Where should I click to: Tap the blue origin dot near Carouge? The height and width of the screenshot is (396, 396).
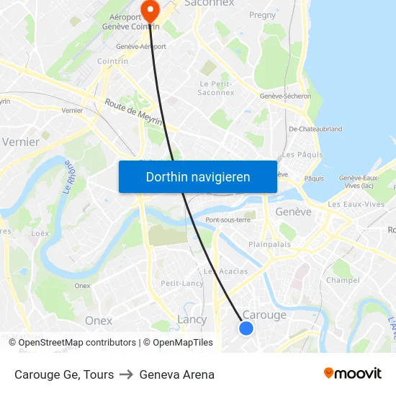click(x=246, y=328)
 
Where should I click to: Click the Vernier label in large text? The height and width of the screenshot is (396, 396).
click(x=21, y=142)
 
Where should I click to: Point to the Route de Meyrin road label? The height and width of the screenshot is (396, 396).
click(x=133, y=113)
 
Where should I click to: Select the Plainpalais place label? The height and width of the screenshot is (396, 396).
click(x=269, y=244)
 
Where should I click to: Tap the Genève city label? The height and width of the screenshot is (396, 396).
click(x=293, y=212)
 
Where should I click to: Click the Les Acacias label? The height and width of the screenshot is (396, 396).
click(x=225, y=271)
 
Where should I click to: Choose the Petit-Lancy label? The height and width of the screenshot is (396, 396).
click(x=182, y=284)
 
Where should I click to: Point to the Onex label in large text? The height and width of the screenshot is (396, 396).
click(x=99, y=320)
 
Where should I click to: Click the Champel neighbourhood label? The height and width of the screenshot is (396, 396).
click(x=343, y=280)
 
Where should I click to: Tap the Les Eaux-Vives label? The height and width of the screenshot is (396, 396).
click(x=356, y=204)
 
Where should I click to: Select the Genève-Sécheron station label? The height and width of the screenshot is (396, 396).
click(x=285, y=96)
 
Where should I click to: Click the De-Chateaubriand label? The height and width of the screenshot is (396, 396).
click(x=315, y=130)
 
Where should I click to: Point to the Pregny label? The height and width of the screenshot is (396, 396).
click(x=262, y=14)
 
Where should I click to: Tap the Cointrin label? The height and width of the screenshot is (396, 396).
click(x=112, y=61)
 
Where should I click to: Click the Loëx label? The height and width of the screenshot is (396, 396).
click(x=40, y=233)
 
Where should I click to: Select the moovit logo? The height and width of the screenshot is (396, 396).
click(x=353, y=374)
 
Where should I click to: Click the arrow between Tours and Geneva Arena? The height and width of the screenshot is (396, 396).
click(x=127, y=374)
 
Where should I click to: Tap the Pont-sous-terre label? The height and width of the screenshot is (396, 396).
click(x=228, y=220)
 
